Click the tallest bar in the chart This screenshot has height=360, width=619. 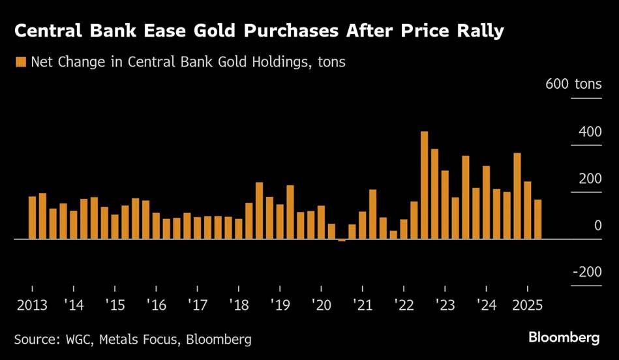point(424,185)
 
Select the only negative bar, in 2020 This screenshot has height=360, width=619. point(342,241)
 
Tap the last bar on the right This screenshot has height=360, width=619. point(538,219)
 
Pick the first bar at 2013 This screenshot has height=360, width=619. point(32,217)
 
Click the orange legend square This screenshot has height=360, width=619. point(20,62)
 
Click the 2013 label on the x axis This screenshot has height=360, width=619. point(32,305)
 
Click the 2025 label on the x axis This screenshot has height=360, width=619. point(527,305)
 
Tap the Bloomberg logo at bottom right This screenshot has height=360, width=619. point(564,338)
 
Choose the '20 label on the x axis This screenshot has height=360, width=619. point(321,305)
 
